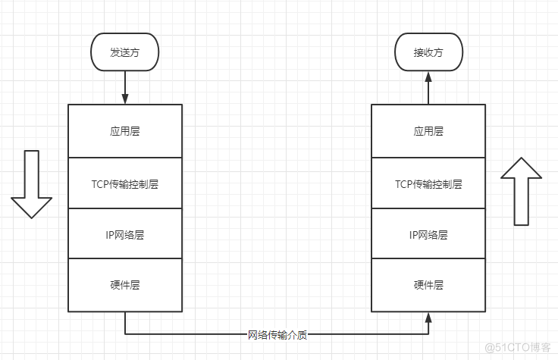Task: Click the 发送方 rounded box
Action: [125, 53]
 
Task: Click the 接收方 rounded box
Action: [428, 53]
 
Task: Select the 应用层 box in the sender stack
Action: [125, 131]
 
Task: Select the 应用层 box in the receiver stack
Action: [428, 131]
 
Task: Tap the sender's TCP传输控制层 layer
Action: [125, 183]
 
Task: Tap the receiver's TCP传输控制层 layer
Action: [428, 183]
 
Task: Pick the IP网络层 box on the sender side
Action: [125, 234]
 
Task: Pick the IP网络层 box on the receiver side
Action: [428, 234]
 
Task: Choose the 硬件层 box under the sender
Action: [125, 285]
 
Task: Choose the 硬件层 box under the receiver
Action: [428, 285]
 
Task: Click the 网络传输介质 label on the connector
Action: [277, 334]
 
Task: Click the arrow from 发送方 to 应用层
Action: [125, 87]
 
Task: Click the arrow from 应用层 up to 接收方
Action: [428, 87]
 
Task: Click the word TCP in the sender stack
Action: [101, 183]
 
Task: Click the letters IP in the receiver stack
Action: [413, 234]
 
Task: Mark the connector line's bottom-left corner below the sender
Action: [125, 334]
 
